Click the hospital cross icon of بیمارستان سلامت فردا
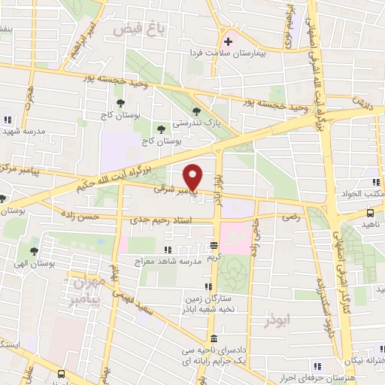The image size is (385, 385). (x=228, y=41)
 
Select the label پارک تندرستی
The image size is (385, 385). (x=193, y=121)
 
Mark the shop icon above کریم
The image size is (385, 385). (x=214, y=245)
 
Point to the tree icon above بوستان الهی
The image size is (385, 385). (x=33, y=251)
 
